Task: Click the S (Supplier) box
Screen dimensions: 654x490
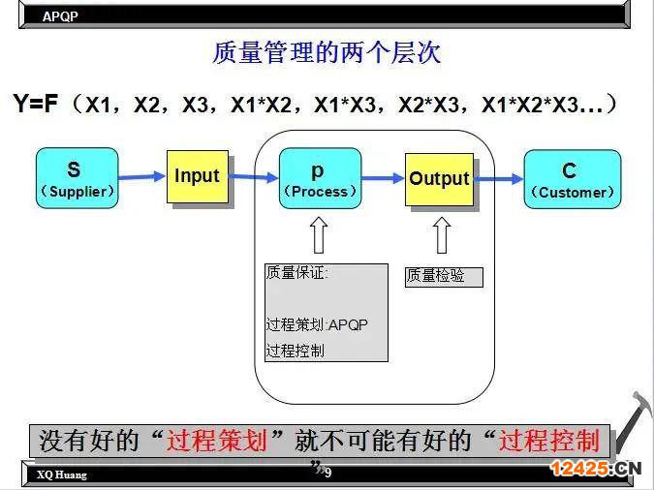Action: pos(78,178)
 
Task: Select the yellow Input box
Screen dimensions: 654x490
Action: pos(198,177)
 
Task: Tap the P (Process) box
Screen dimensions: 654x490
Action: pos(320,178)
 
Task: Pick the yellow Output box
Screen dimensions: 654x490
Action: pos(439,180)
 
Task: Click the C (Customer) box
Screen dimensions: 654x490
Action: pos(573,179)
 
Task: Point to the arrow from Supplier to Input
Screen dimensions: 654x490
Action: pos(142,177)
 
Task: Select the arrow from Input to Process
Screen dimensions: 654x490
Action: pos(254,177)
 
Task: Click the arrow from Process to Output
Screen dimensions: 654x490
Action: pos(383,178)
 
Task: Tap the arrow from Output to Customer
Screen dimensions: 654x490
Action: pos(499,179)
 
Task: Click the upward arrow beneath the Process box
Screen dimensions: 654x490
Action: pos(319,234)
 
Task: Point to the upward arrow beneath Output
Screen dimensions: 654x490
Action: pos(442,235)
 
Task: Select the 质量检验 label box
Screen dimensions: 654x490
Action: pos(444,277)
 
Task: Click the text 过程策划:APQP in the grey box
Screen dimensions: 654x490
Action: pos(317,324)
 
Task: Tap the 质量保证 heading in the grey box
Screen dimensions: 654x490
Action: pos(296,273)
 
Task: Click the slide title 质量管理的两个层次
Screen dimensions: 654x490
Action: pos(327,53)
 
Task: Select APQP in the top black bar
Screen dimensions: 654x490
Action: pos(60,16)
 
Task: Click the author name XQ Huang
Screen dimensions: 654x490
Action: pos(62,475)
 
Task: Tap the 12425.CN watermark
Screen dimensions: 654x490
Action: pos(596,468)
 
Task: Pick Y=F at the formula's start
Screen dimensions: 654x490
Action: pos(35,103)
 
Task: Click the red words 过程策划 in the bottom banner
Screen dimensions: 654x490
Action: pos(216,440)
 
